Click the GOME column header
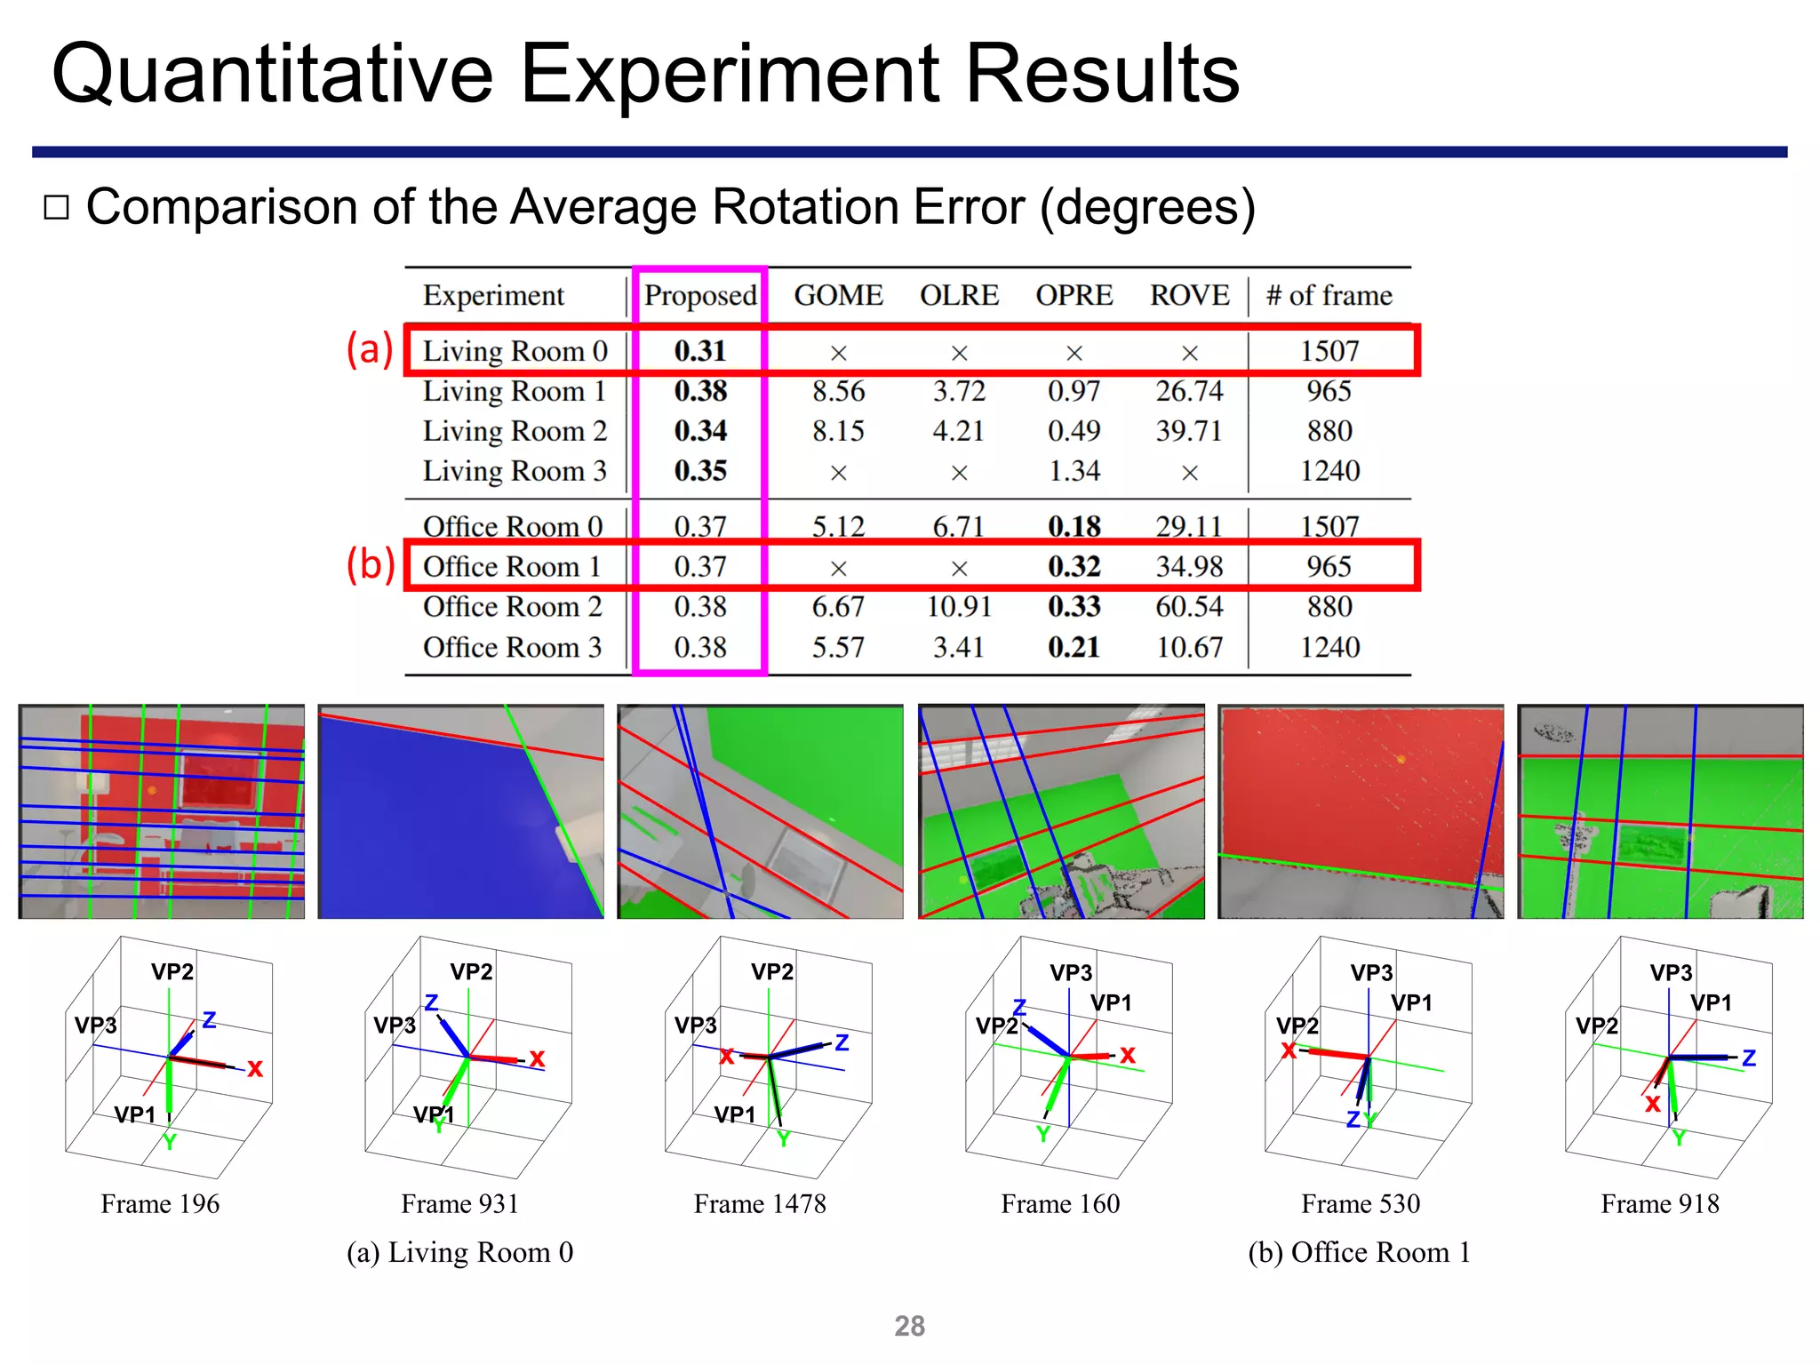coord(838,295)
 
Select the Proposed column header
coord(700,295)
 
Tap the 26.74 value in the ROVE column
coord(1189,391)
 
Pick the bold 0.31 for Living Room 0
coord(700,351)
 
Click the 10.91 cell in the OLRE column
coord(959,607)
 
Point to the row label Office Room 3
coord(512,647)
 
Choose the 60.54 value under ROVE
coord(1189,607)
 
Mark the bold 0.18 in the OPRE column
coord(1074,526)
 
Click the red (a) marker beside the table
coord(369,348)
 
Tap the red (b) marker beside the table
coord(370,564)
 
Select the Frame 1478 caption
coord(760,1204)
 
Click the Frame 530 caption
coord(1361,1204)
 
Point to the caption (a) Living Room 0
coord(459,1252)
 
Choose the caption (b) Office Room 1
coord(1359,1252)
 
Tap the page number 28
coord(909,1326)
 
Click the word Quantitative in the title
coord(272,75)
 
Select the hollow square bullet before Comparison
coord(57,208)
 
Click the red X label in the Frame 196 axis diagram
coord(255,1069)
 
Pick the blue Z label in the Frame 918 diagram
coord(1749,1058)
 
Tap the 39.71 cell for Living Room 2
coord(1189,431)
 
